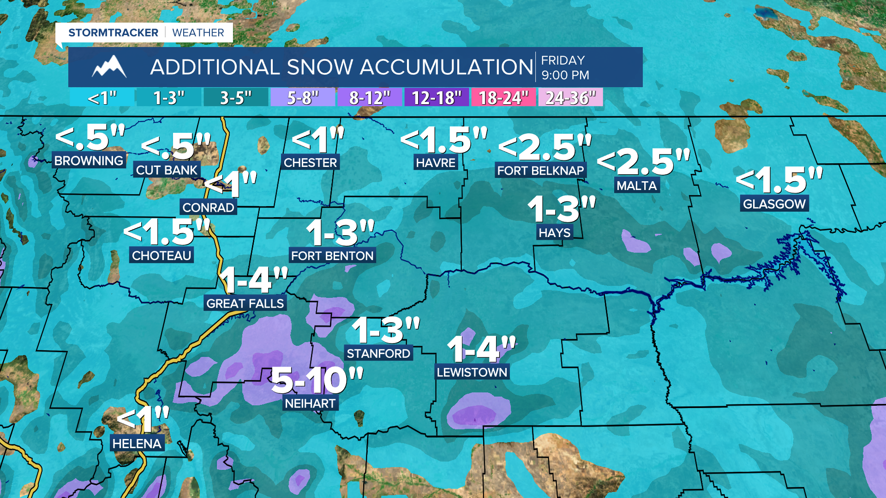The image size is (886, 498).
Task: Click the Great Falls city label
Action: pos(245,303)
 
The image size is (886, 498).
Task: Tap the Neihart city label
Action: pos(310,403)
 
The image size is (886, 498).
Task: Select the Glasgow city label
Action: pos(774,204)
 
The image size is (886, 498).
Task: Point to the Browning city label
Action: pos(89,160)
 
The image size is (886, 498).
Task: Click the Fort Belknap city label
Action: pos(540,171)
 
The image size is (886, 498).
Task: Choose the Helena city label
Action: pos(137,444)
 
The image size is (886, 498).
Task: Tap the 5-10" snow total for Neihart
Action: pos(317,380)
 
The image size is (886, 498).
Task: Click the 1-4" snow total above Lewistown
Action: pos(481,349)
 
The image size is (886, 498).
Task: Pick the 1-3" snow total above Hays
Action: pos(562,209)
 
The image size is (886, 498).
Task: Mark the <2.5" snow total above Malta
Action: pos(644,162)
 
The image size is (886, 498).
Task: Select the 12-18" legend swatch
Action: pos(437,98)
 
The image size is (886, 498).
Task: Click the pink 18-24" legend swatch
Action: pos(503,98)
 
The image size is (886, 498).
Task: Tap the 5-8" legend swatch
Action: pos(303,98)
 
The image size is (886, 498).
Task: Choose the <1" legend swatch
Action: pos(102,98)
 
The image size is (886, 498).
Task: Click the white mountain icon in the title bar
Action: pos(109,67)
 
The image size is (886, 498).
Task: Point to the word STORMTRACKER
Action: pos(113,33)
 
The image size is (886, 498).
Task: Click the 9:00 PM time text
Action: pos(565,75)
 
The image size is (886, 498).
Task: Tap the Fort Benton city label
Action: pos(332,255)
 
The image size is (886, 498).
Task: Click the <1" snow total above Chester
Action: pos(318,139)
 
